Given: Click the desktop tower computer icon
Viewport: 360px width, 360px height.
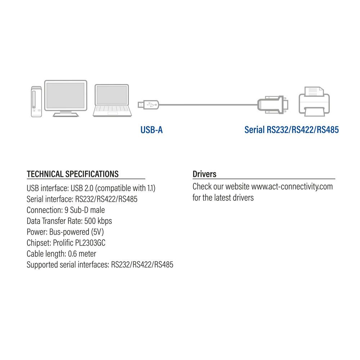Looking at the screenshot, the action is (36, 102).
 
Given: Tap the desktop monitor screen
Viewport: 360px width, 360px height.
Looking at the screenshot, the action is (66, 95).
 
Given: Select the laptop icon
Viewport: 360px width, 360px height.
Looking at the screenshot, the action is (112, 100).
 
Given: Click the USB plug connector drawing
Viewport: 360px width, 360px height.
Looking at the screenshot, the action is (148, 105).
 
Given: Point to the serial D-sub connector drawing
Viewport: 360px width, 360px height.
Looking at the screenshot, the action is (273, 105).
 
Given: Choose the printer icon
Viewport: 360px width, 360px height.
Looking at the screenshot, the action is (314, 101).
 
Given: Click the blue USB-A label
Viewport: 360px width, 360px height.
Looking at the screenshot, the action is (152, 130).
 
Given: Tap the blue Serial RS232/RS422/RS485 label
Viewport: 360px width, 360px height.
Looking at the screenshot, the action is (291, 130).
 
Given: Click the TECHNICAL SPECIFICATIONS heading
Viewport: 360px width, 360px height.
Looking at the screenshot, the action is (73, 174).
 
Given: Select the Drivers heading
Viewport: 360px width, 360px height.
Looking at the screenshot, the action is (204, 174).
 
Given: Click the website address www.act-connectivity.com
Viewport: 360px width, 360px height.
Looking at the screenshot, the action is (292, 186).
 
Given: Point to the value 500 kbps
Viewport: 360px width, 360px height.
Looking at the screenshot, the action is (98, 221).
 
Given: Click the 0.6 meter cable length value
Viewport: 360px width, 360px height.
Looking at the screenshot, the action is (82, 254).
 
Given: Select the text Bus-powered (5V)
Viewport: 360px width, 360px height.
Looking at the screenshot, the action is (76, 232).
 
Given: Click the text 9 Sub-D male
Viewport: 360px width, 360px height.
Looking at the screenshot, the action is (85, 210).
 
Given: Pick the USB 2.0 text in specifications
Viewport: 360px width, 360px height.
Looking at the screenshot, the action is (82, 188).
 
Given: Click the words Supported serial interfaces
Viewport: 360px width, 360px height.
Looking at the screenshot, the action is (68, 265).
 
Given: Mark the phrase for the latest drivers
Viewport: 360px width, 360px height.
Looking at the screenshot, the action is (223, 198).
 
